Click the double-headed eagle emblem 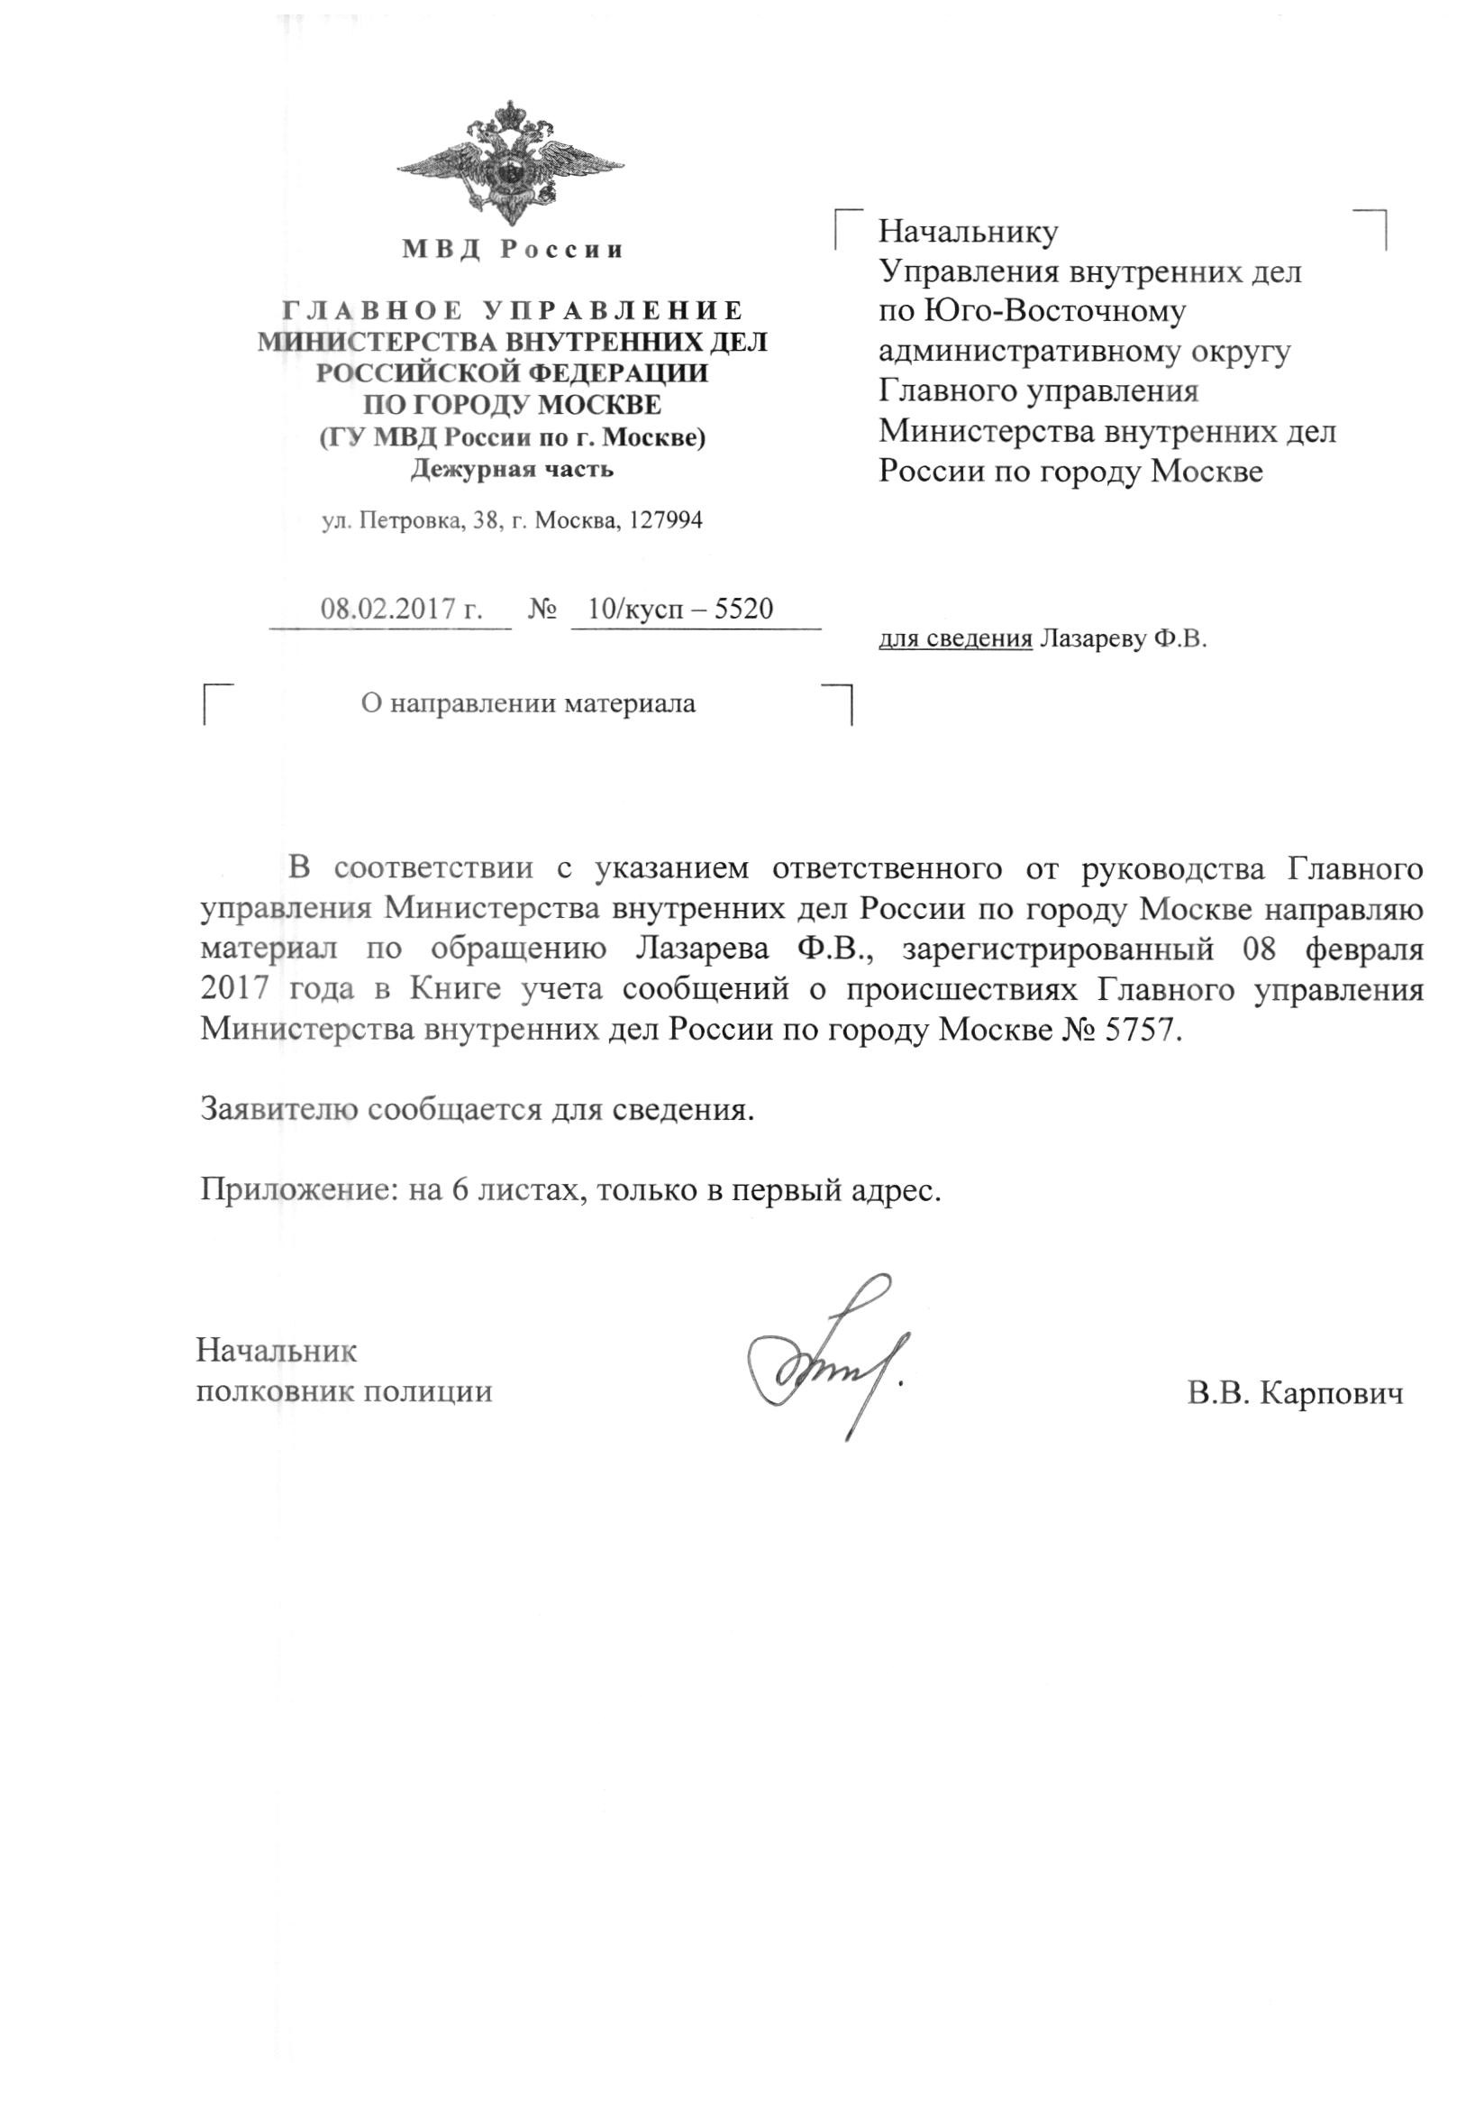(510, 166)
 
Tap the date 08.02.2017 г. (401, 610)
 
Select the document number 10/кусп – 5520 (680, 610)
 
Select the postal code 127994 (664, 521)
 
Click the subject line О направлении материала (528, 704)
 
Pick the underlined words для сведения (955, 638)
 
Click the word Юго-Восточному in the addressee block (1052, 311)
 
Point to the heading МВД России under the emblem (512, 249)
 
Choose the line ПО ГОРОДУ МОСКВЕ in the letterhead (512, 405)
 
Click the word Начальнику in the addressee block (968, 232)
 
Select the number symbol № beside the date (542, 610)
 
